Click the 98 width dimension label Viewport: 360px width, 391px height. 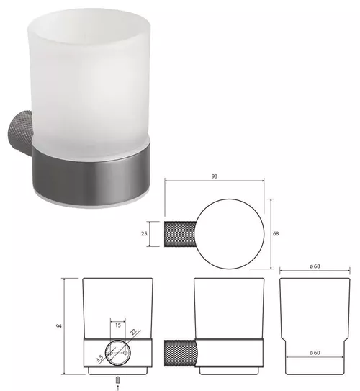tap(214, 176)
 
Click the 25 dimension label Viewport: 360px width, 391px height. tap(144, 233)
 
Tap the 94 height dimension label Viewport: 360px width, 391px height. tap(58, 326)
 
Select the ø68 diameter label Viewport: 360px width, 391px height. tap(315, 266)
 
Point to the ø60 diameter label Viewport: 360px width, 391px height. tap(315, 353)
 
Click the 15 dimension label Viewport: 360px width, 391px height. tap(118, 325)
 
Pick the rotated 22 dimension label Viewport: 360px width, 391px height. tap(133, 332)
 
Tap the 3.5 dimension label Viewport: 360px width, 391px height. tap(99, 359)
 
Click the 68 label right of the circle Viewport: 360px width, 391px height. tap(276, 233)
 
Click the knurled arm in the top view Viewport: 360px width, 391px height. tap(180, 234)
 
